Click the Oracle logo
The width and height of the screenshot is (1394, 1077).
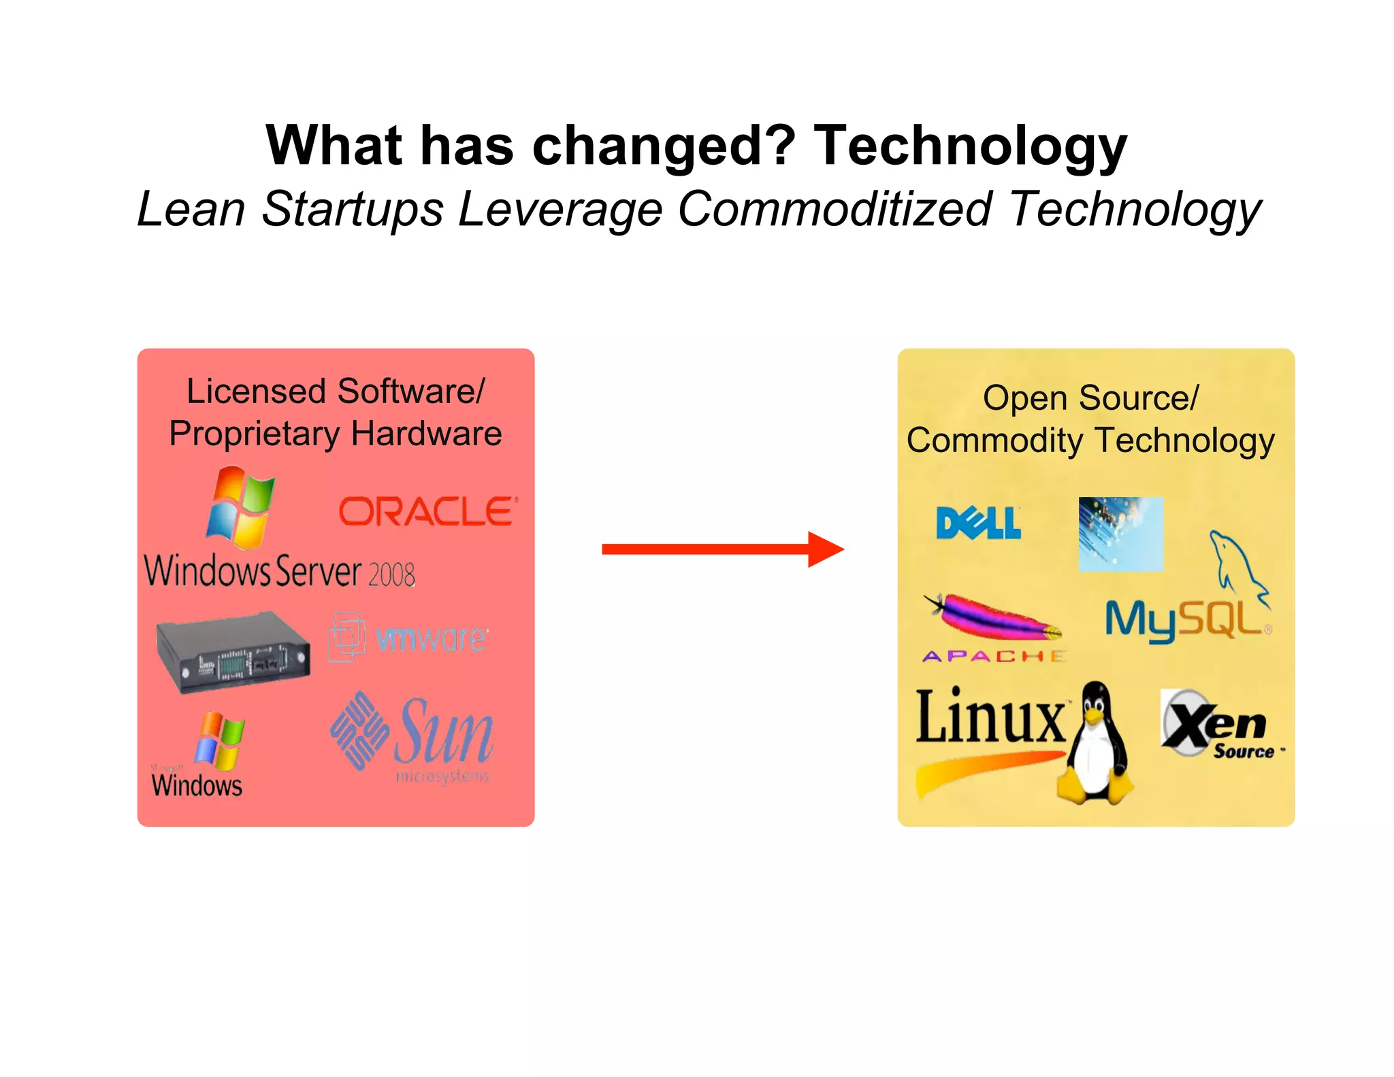point(427,511)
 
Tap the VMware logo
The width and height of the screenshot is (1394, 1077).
point(408,637)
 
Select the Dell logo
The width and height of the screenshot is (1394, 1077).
point(978,523)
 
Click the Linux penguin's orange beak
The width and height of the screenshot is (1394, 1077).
point(1093,716)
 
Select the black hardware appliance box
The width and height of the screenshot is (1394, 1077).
point(233,652)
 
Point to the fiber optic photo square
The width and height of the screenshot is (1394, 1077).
point(1120,534)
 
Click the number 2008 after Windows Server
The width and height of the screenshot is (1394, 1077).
point(391,574)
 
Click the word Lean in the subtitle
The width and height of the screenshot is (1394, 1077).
point(191,208)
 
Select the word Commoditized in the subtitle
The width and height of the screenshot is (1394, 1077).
point(834,208)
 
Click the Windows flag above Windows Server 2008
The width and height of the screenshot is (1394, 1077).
point(241,507)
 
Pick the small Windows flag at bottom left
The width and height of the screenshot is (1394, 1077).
point(218,741)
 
